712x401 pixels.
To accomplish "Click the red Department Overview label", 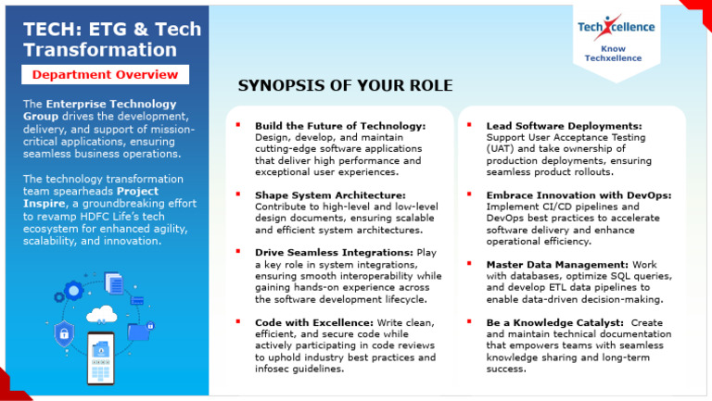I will click(x=105, y=74).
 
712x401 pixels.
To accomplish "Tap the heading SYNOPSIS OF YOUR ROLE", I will click(x=345, y=86).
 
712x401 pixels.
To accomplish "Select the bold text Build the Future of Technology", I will click(x=339, y=125).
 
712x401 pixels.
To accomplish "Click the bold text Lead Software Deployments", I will click(x=564, y=125).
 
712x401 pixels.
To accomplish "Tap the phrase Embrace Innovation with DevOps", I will click(x=578, y=195).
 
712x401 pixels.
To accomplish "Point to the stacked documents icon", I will click(x=114, y=282).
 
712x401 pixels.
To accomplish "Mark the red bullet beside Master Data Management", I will click(x=469, y=264).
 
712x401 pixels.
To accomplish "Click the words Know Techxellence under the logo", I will click(x=618, y=53).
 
